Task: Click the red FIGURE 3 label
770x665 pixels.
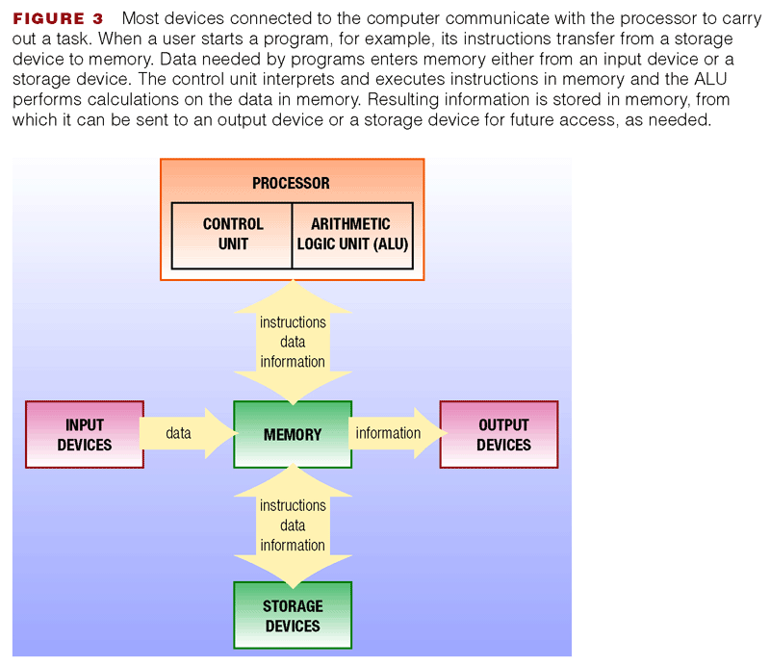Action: tap(58, 18)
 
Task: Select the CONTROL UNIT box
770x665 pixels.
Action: tap(232, 236)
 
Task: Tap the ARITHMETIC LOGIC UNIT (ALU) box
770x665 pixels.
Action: tap(352, 236)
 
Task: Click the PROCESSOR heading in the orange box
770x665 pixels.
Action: tap(292, 183)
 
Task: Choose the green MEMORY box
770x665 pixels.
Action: tap(293, 434)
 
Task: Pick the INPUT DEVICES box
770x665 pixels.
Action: tap(85, 434)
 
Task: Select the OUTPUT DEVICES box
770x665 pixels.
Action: tap(499, 434)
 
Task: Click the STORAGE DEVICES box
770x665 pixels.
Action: tap(293, 615)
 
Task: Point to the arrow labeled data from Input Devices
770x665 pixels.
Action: tap(189, 433)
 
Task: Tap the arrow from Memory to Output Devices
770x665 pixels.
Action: tap(398, 433)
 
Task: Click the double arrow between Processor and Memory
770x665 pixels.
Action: tap(293, 343)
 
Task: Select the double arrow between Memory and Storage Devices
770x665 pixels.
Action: tap(293, 525)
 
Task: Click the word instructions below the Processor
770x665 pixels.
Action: tap(293, 322)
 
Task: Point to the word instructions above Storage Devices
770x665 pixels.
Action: tap(293, 505)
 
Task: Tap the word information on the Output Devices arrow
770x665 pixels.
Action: tap(388, 433)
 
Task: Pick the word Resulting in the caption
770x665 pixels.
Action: tap(402, 100)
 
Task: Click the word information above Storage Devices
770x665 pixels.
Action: tap(293, 545)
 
